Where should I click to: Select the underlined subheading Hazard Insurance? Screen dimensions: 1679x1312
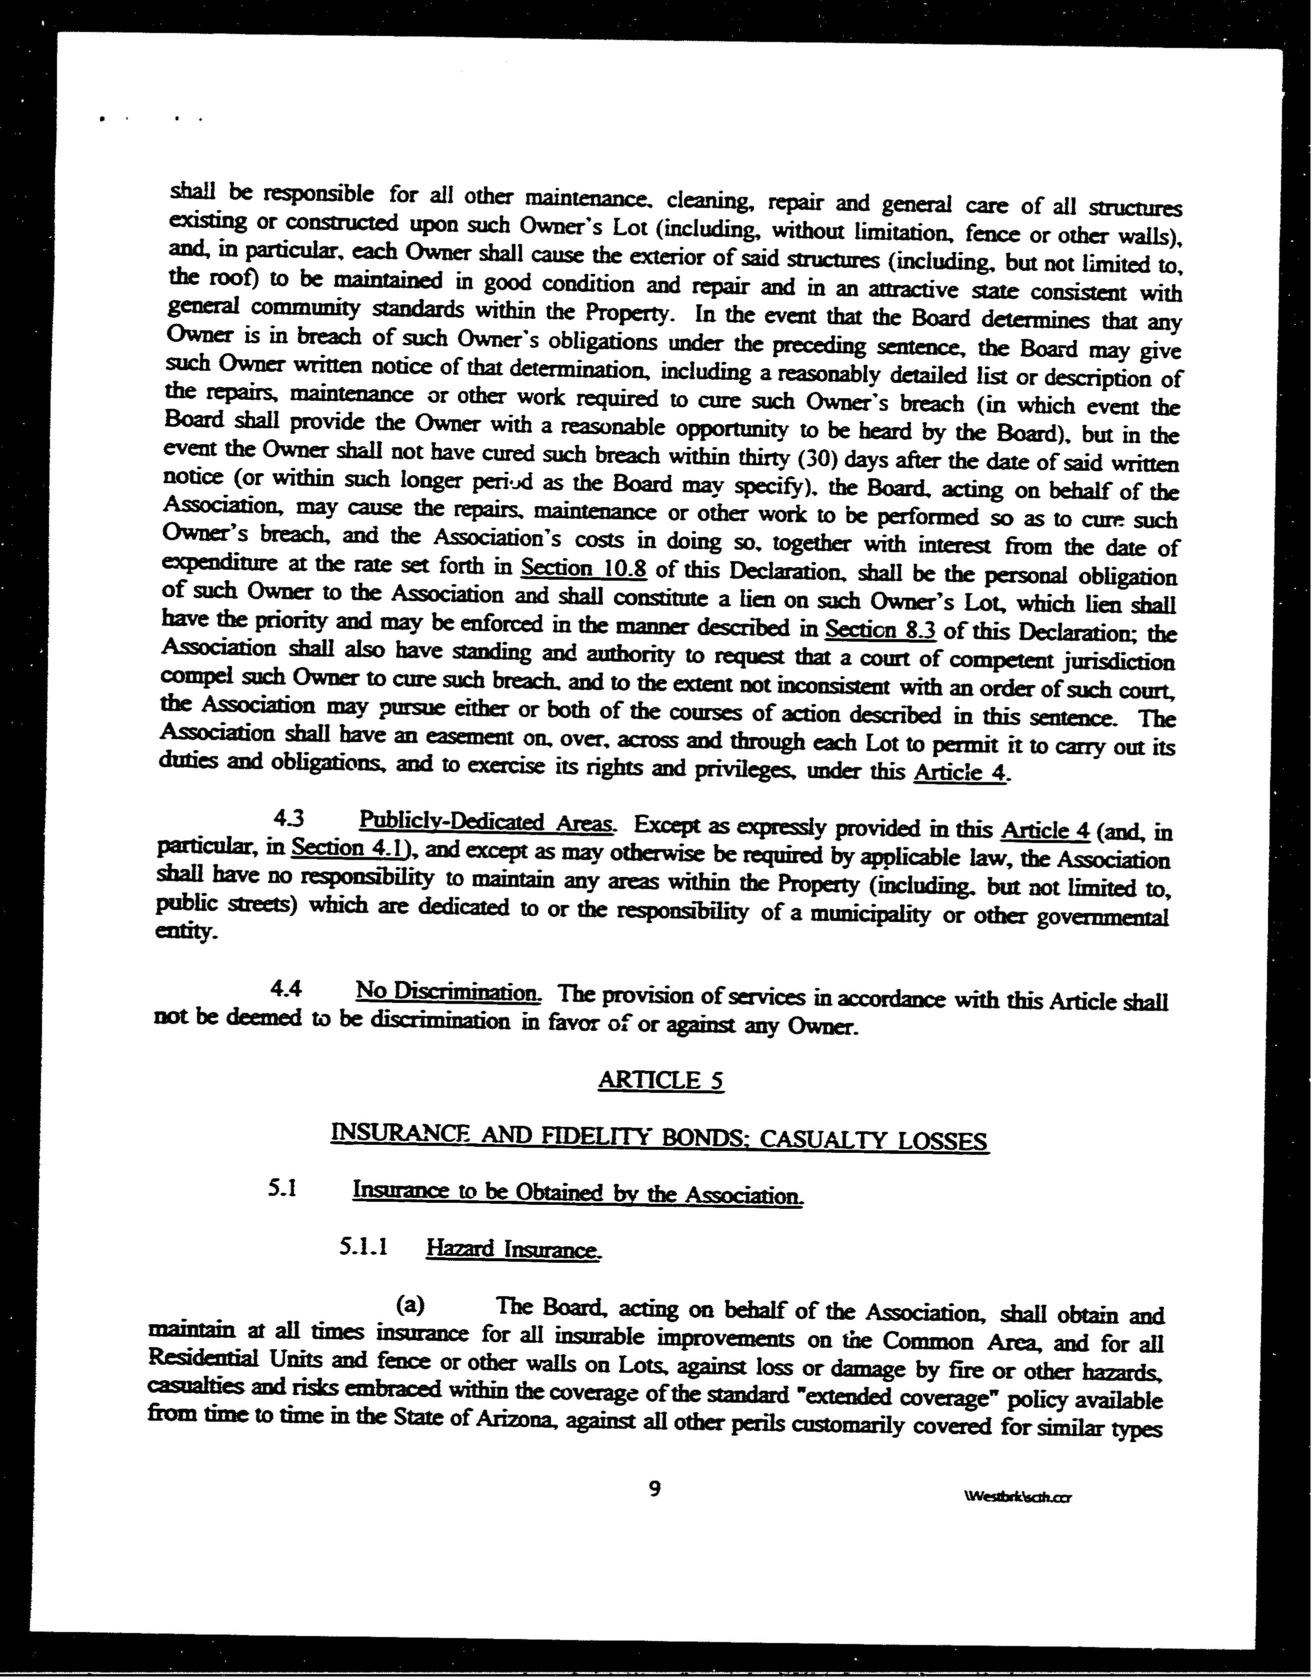(x=512, y=1250)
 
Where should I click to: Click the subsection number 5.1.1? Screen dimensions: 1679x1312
(x=362, y=1246)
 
